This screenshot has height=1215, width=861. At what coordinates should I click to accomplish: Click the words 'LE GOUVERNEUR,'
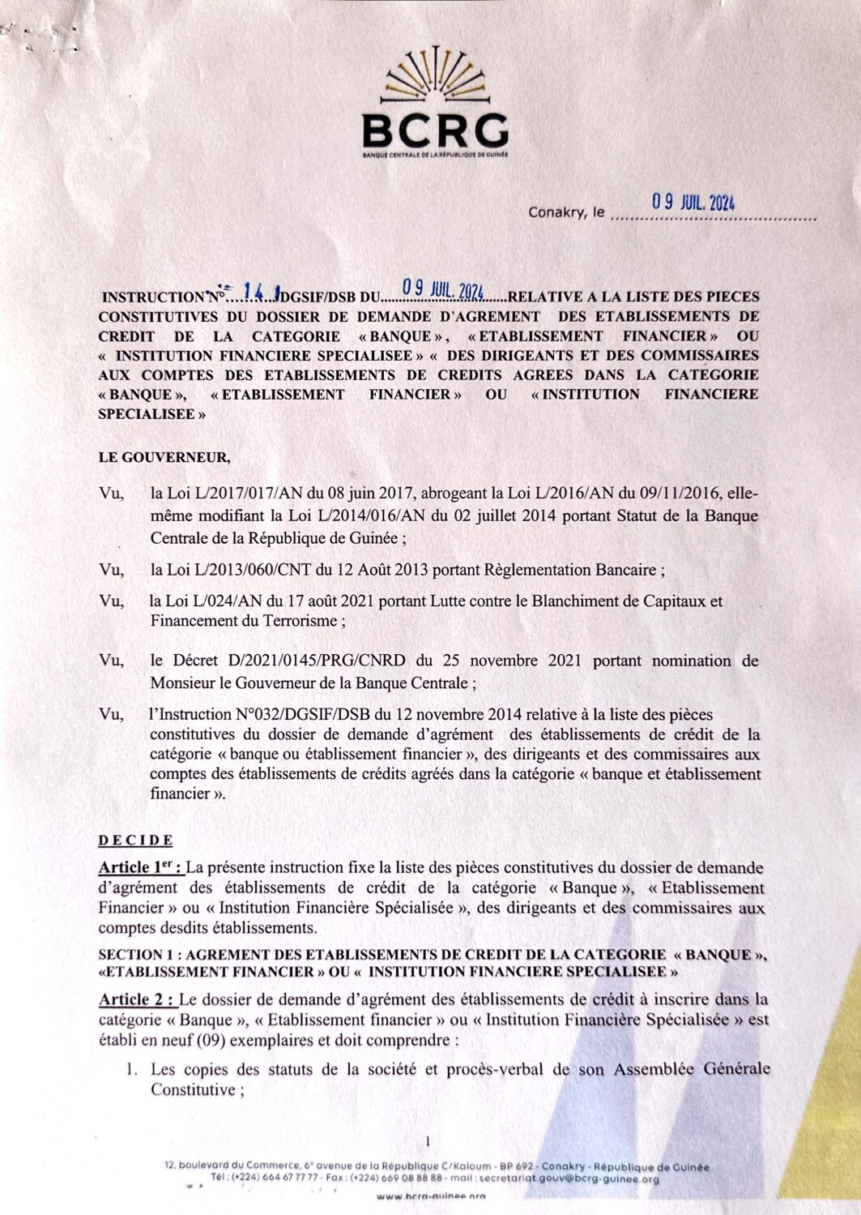coord(164,458)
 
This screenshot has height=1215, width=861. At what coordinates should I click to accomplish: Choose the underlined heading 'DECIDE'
coord(135,840)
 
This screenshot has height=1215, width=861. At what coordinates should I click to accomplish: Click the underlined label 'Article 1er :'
coord(139,868)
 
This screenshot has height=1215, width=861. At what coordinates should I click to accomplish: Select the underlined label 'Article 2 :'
coord(136,999)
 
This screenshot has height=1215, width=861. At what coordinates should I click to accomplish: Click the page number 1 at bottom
coord(428,1141)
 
